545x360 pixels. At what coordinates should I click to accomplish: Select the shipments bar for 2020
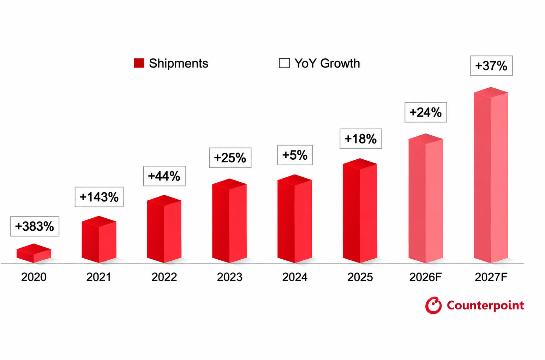pyautogui.click(x=34, y=253)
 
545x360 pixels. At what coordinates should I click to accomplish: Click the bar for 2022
pyautogui.click(x=164, y=229)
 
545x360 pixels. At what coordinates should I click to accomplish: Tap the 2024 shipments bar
pyautogui.click(x=295, y=219)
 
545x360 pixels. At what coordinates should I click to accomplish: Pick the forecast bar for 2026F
pyautogui.click(x=426, y=198)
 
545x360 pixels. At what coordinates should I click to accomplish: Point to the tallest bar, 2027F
pyautogui.click(x=491, y=175)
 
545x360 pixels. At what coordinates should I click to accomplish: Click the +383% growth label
pyautogui.click(x=35, y=226)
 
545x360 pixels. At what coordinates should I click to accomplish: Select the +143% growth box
pyautogui.click(x=99, y=197)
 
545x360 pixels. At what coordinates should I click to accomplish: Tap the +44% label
pyautogui.click(x=164, y=176)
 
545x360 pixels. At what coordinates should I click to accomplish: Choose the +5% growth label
pyautogui.click(x=295, y=155)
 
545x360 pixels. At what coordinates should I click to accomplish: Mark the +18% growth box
pyautogui.click(x=361, y=138)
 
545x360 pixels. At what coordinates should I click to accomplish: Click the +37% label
pyautogui.click(x=491, y=66)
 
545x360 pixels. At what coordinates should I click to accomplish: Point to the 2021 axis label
pyautogui.click(x=99, y=277)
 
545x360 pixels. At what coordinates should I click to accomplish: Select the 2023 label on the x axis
pyautogui.click(x=230, y=277)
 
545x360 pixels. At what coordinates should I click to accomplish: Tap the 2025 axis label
pyautogui.click(x=360, y=277)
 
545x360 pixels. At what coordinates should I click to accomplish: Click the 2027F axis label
pyautogui.click(x=491, y=277)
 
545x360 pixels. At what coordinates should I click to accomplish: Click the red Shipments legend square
pyautogui.click(x=139, y=63)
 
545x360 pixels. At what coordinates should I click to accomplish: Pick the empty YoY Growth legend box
pyautogui.click(x=284, y=63)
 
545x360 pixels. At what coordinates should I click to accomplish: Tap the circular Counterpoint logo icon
pyautogui.click(x=433, y=305)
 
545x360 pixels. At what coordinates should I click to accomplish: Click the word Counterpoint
pyautogui.click(x=485, y=306)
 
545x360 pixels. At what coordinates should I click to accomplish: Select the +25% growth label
pyautogui.click(x=230, y=158)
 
